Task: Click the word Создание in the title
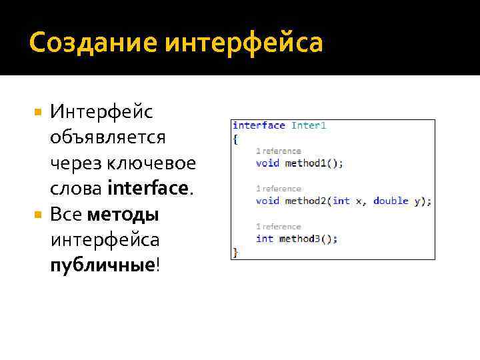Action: coord(91,43)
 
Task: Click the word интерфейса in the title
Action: coord(243,43)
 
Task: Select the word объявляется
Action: coord(107,137)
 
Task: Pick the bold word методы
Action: coord(123,215)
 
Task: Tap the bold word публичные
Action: coord(102,265)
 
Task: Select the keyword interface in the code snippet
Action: coord(259,125)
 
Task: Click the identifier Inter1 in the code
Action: coord(309,125)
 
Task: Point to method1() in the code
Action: coord(314,163)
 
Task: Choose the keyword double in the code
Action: coord(391,201)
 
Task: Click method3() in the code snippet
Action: coord(308,239)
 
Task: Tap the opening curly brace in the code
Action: coord(235,139)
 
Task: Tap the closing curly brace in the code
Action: coord(235,251)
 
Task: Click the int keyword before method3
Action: coord(265,239)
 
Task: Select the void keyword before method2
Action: coord(267,201)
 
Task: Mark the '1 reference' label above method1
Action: coord(279,151)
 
